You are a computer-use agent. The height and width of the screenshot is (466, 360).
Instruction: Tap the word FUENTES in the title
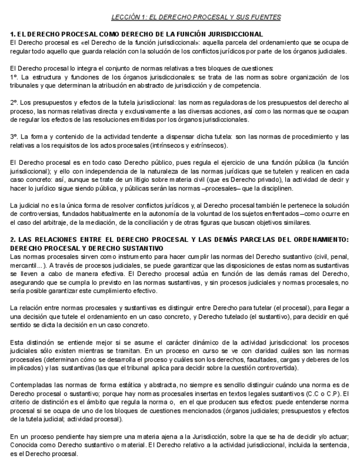(266, 17)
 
